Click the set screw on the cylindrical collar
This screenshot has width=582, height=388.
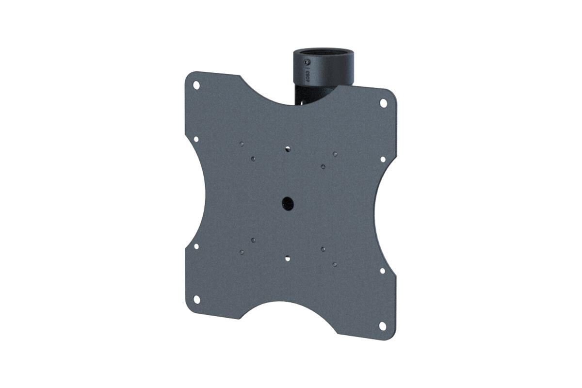[x=306, y=63]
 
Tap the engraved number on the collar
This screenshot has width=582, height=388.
[x=307, y=77]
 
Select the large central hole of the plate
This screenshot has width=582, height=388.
[x=288, y=204]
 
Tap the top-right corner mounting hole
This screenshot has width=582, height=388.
[x=383, y=103]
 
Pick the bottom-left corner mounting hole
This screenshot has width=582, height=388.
[x=196, y=298]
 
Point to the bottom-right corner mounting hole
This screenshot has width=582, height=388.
[x=383, y=325]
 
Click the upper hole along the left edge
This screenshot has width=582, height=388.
[x=196, y=139]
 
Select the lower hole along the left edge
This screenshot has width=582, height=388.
[x=196, y=246]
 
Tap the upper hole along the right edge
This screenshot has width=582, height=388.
[x=383, y=159]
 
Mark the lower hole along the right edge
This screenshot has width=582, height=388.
[x=383, y=271]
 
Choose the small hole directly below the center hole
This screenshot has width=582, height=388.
[x=288, y=259]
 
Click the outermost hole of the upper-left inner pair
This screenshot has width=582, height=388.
[x=241, y=143]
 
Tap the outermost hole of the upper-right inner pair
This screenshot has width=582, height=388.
[x=335, y=154]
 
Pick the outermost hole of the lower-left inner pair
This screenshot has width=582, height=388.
[x=241, y=252]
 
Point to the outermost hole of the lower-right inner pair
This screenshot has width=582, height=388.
[x=335, y=264]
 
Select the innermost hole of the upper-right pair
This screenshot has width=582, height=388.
[x=323, y=166]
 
